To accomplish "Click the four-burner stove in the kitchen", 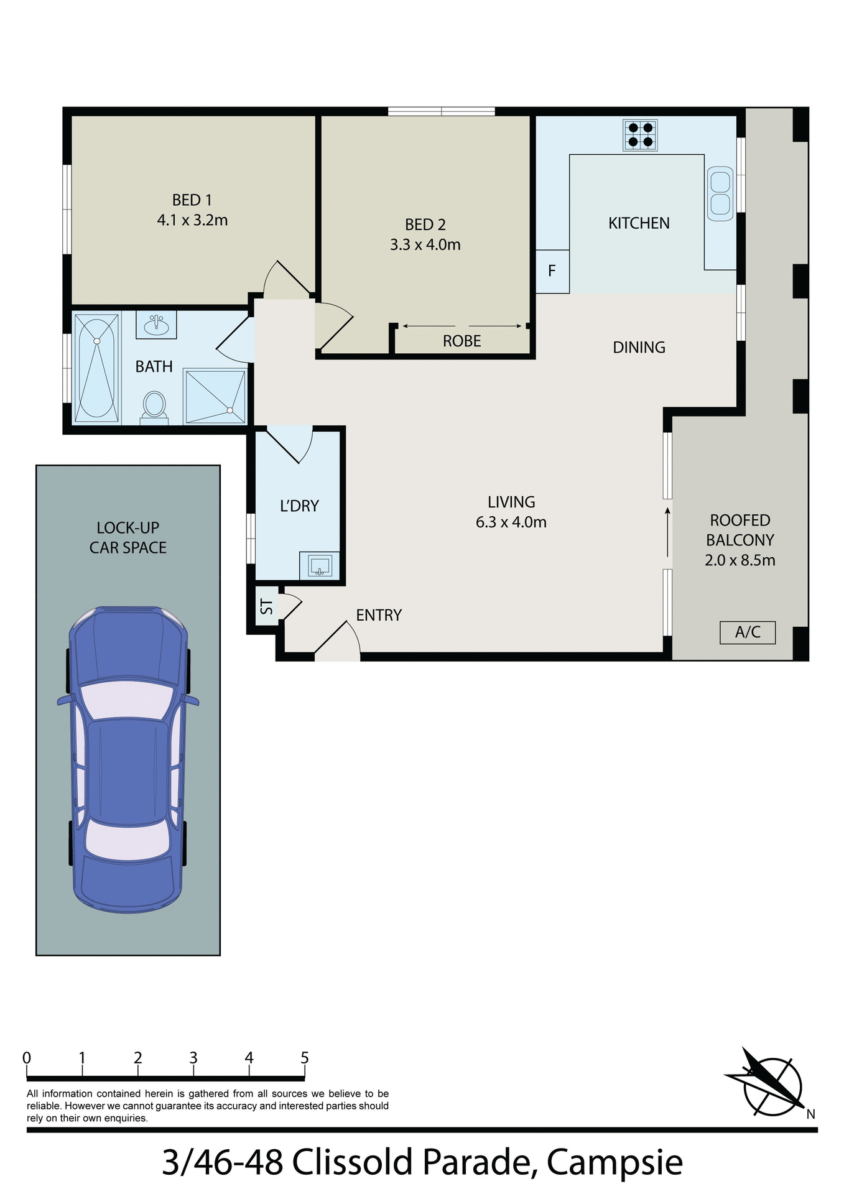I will (x=640, y=135).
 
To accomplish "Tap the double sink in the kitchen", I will (x=720, y=193).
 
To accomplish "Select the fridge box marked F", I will (x=552, y=272).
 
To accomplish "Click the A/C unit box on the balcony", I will (x=747, y=632).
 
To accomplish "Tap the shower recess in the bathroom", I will (x=215, y=396).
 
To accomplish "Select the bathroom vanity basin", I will (x=156, y=324).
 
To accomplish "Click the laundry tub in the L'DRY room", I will (x=320, y=565).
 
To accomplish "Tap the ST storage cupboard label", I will (x=266, y=606).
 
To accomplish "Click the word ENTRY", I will (x=378, y=615).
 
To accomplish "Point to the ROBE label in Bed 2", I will (x=461, y=341).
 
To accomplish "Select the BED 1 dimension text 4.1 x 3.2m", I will (x=192, y=220).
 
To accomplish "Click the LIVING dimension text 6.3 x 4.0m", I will (x=511, y=522).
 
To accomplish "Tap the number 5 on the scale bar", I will (x=304, y=1058).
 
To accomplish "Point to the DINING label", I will (x=639, y=348).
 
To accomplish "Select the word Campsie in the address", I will (x=614, y=1162).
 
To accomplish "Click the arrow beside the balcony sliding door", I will (x=668, y=532).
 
